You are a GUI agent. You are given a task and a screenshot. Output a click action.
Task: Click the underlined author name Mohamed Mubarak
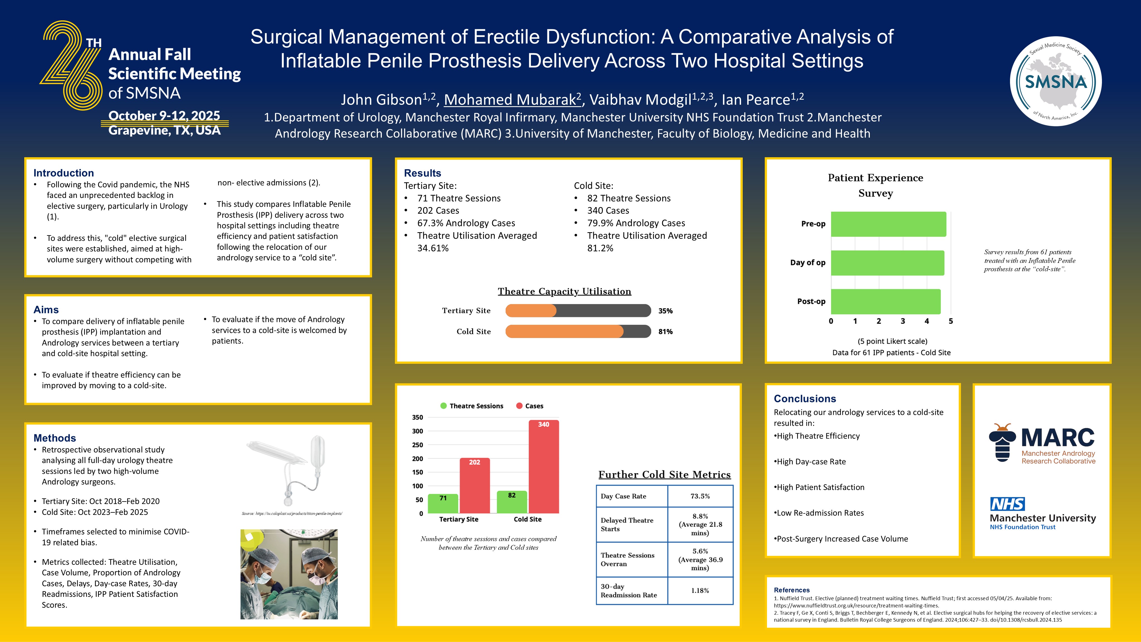pyautogui.click(x=513, y=100)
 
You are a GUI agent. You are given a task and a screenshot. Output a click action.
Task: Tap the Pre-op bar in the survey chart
pyautogui.click(x=888, y=224)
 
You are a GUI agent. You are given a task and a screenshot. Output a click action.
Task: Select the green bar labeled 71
pyautogui.click(x=443, y=504)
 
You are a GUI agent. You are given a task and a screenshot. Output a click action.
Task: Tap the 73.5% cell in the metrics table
pyautogui.click(x=700, y=496)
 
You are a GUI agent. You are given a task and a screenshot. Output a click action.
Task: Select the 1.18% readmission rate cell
pyautogui.click(x=700, y=591)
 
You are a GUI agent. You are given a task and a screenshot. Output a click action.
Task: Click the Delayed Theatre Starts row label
pyautogui.click(x=627, y=525)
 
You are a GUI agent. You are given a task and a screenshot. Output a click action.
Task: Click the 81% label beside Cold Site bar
pyautogui.click(x=665, y=332)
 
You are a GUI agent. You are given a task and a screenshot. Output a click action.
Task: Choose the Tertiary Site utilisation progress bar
pyautogui.click(x=578, y=311)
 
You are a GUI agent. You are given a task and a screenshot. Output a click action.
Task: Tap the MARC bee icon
pyautogui.click(x=1002, y=443)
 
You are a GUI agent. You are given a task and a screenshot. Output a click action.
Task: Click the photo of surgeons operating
pyautogui.click(x=289, y=574)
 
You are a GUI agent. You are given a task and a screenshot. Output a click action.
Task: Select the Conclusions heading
pyautogui.click(x=805, y=399)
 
